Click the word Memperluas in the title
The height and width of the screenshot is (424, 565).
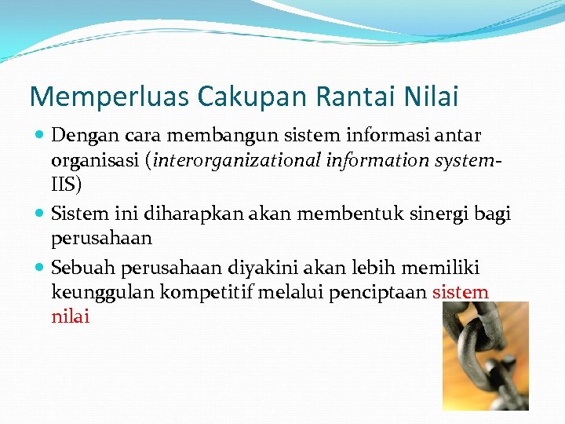pos(109,97)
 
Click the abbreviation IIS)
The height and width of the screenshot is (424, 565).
pos(66,186)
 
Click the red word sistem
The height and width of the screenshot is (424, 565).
pos(461,293)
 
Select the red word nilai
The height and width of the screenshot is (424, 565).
pos(71,317)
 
